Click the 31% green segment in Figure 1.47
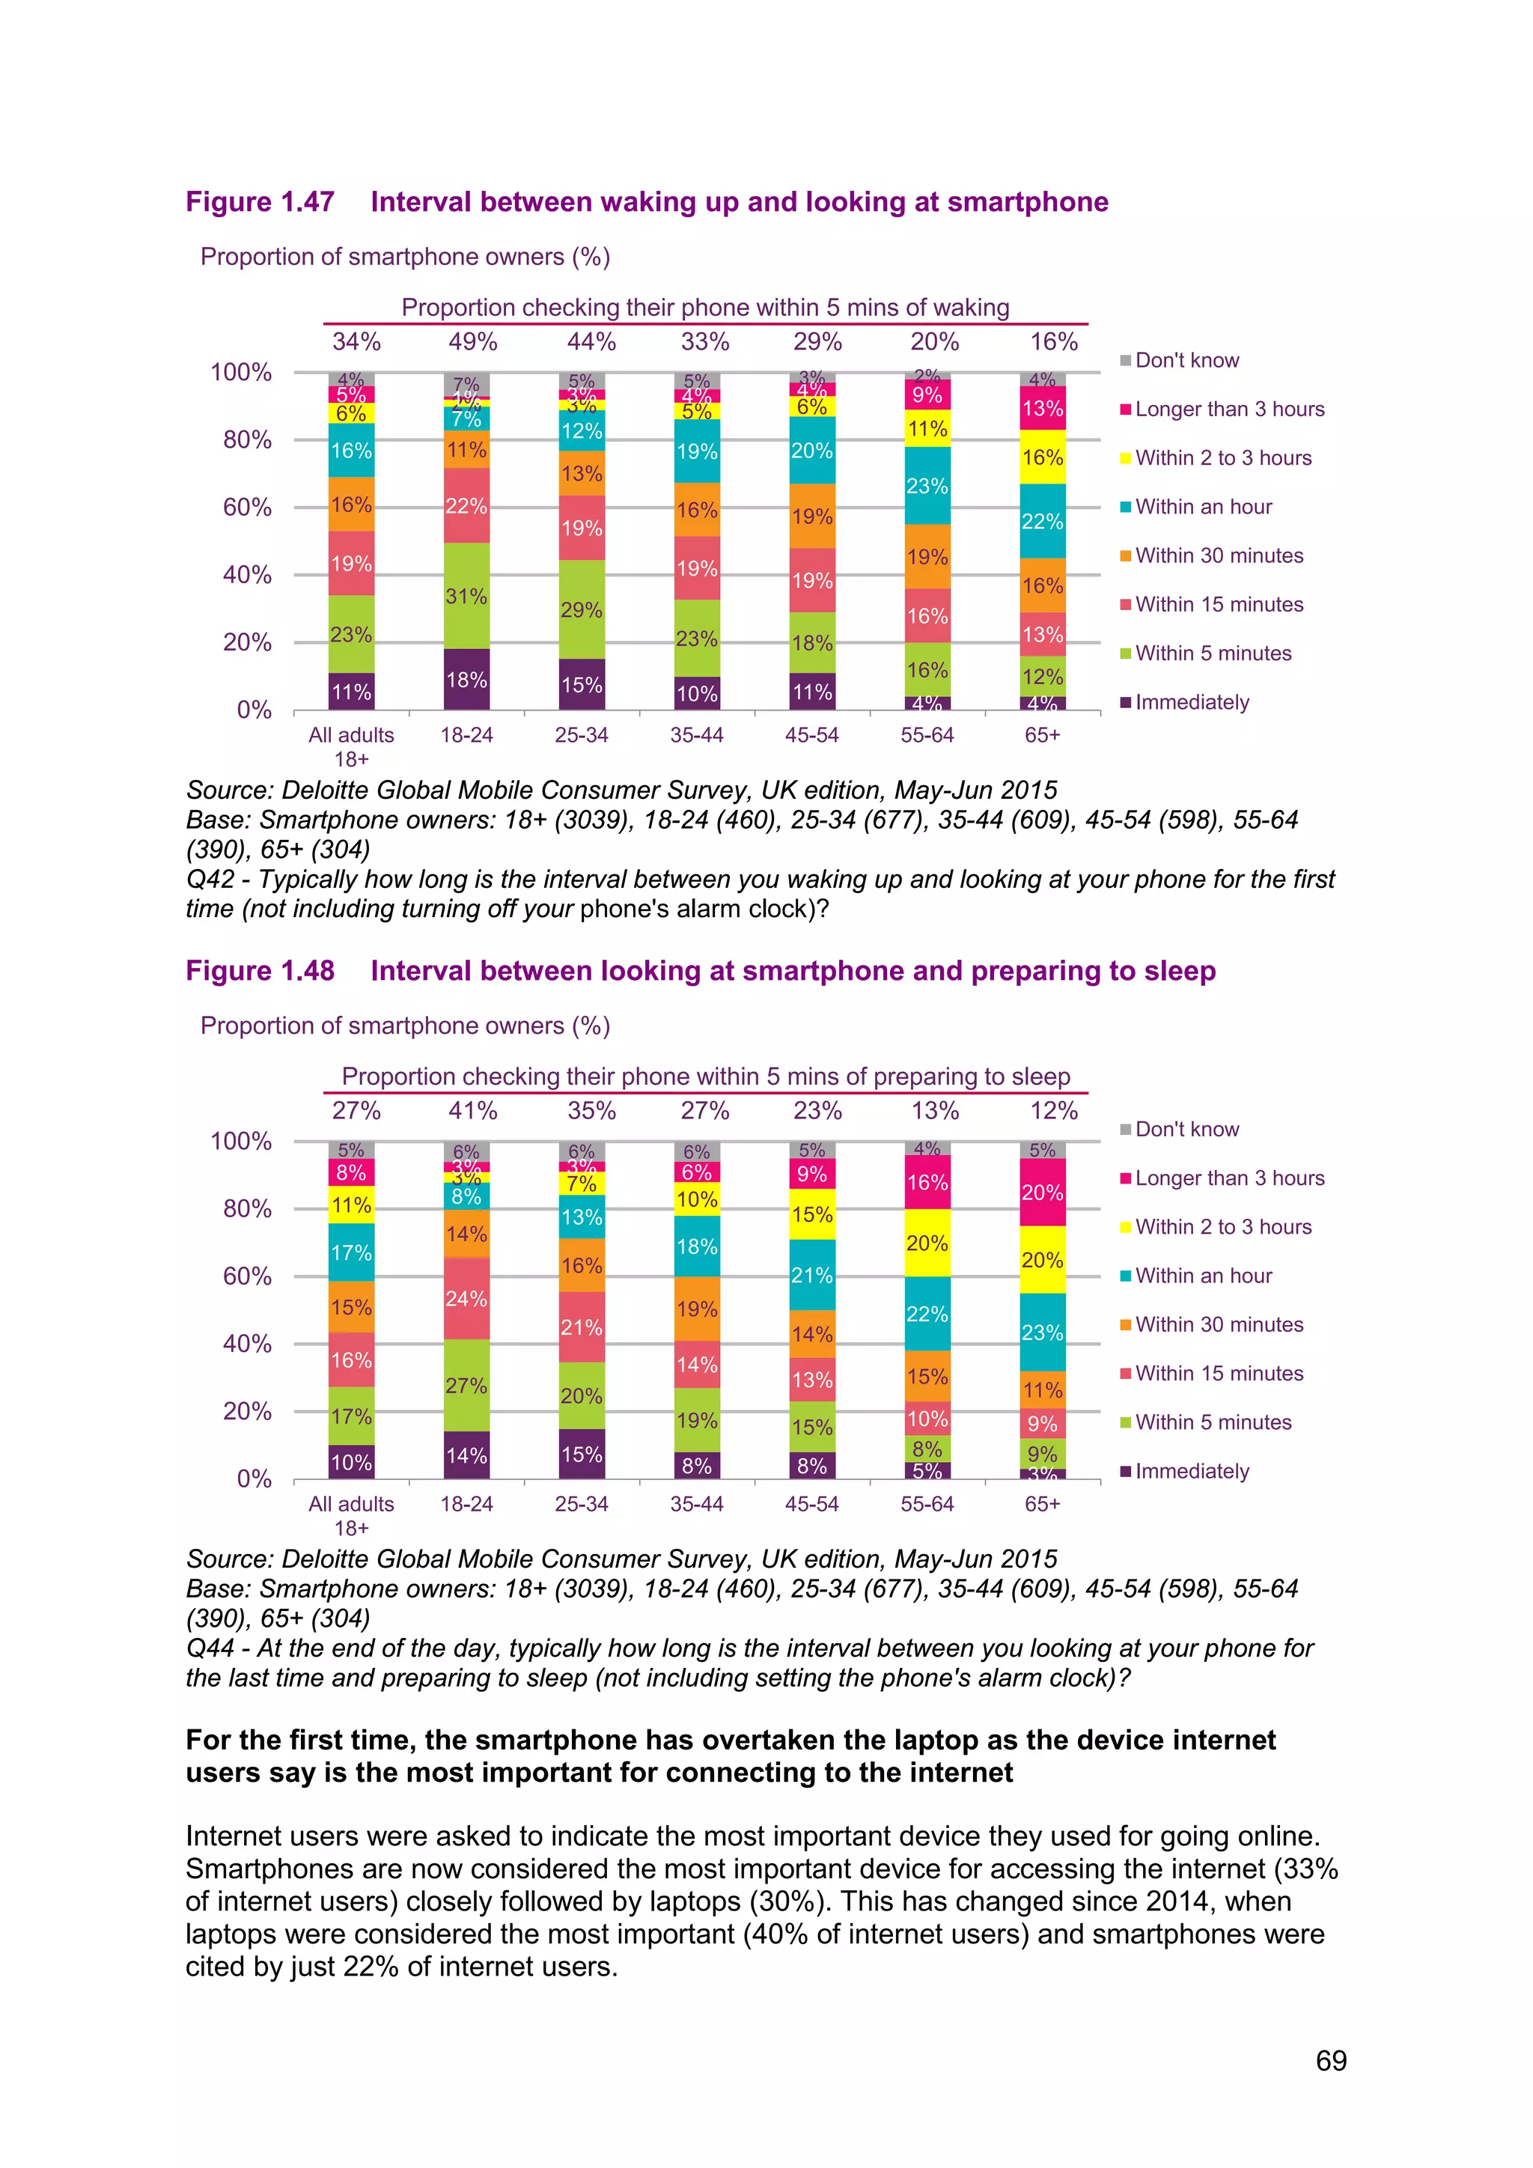[x=466, y=596]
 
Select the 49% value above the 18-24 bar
[x=473, y=342]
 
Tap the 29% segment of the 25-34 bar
[x=582, y=610]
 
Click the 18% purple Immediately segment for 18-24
[x=466, y=680]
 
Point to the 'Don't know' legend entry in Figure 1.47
[x=1186, y=361]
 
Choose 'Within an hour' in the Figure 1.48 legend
[x=1203, y=1276]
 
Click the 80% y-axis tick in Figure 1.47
[x=247, y=440]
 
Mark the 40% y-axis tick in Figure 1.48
[x=247, y=1344]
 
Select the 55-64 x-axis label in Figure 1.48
[x=927, y=1504]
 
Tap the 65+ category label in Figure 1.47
[x=1042, y=734]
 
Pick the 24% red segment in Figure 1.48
[x=466, y=1298]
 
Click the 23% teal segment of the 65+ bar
[x=1042, y=1333]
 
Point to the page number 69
[x=1331, y=2060]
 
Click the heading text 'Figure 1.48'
[x=260, y=971]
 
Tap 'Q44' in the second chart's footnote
[x=210, y=1648]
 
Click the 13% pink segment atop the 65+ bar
[x=1042, y=409]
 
